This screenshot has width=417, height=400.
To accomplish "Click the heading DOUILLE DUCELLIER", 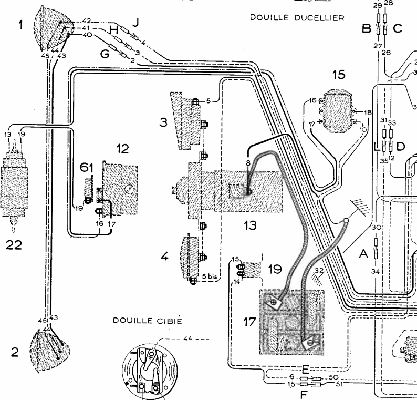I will click(x=297, y=17).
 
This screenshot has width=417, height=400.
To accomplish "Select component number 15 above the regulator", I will click(x=339, y=75).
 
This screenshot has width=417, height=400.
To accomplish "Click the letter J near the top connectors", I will click(x=136, y=22).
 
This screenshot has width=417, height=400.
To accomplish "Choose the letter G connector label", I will click(x=105, y=54).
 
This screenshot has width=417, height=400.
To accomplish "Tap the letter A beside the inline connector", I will click(x=362, y=254).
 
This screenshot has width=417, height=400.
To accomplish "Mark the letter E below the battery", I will click(x=305, y=369).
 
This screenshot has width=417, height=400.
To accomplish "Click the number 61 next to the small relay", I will click(x=87, y=167).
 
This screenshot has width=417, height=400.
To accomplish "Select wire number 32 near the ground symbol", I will click(x=319, y=271).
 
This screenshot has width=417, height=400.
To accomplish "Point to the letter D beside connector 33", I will click(x=400, y=147).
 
